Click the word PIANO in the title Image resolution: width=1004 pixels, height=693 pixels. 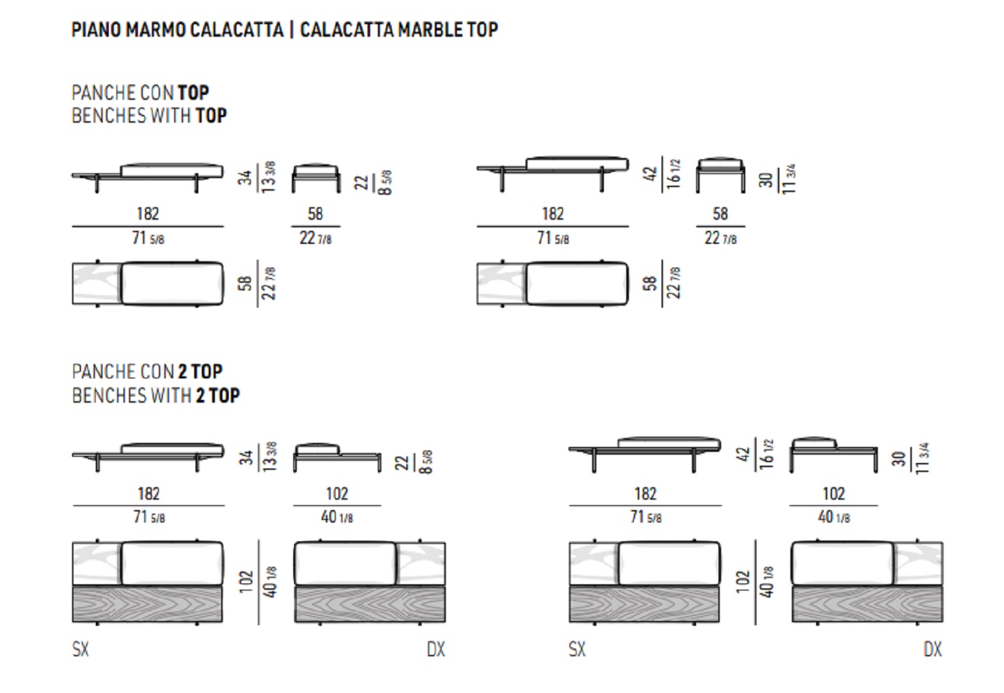[96, 30]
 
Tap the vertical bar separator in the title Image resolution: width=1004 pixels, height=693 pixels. [292, 30]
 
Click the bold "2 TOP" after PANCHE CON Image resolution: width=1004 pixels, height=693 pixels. [200, 371]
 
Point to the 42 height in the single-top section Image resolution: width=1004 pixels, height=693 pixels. [650, 174]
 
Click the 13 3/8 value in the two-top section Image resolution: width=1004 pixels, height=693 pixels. [270, 457]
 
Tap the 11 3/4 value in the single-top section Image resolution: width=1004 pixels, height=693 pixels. [789, 179]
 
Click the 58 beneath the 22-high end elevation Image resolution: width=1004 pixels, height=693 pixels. [315, 213]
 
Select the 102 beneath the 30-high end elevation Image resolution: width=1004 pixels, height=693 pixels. [833, 493]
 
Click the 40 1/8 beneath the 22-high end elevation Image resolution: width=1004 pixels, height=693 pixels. [337, 518]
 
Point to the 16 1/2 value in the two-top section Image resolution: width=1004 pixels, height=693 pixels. [767, 453]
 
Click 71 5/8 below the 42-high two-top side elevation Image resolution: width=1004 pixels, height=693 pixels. [646, 518]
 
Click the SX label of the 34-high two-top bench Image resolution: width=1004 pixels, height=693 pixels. [80, 649]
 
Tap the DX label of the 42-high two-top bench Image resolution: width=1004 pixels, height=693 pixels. [933, 649]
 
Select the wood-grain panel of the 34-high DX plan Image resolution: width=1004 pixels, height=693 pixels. [370, 604]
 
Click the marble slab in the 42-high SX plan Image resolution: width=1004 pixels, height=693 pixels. [594, 563]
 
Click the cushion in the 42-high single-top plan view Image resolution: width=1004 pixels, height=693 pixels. [577, 283]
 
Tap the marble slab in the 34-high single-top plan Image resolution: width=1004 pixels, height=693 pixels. [97, 283]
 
